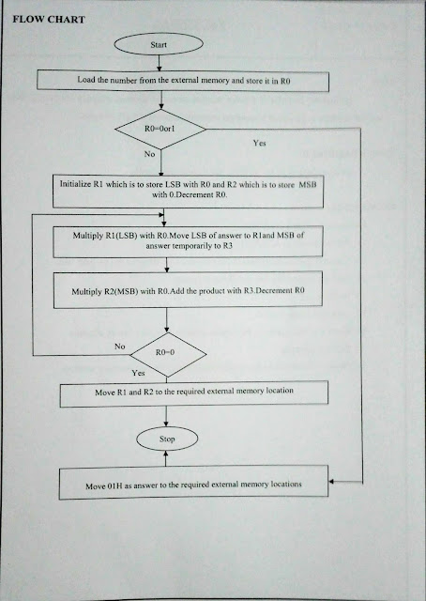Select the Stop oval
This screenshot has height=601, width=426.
(x=166, y=438)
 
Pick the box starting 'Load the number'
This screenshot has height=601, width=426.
(x=184, y=81)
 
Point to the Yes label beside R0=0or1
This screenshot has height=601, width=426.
(x=262, y=143)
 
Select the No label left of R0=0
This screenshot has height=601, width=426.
(x=119, y=346)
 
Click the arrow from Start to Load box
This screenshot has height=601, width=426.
(x=160, y=62)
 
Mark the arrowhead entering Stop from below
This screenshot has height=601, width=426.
(x=166, y=454)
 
